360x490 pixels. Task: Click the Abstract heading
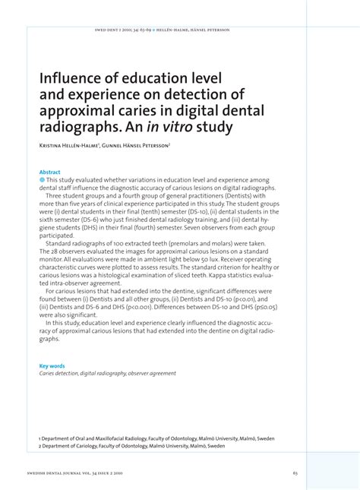pos(49,172)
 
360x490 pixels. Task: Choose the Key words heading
pos(52,365)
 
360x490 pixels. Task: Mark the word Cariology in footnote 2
pos(90,446)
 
